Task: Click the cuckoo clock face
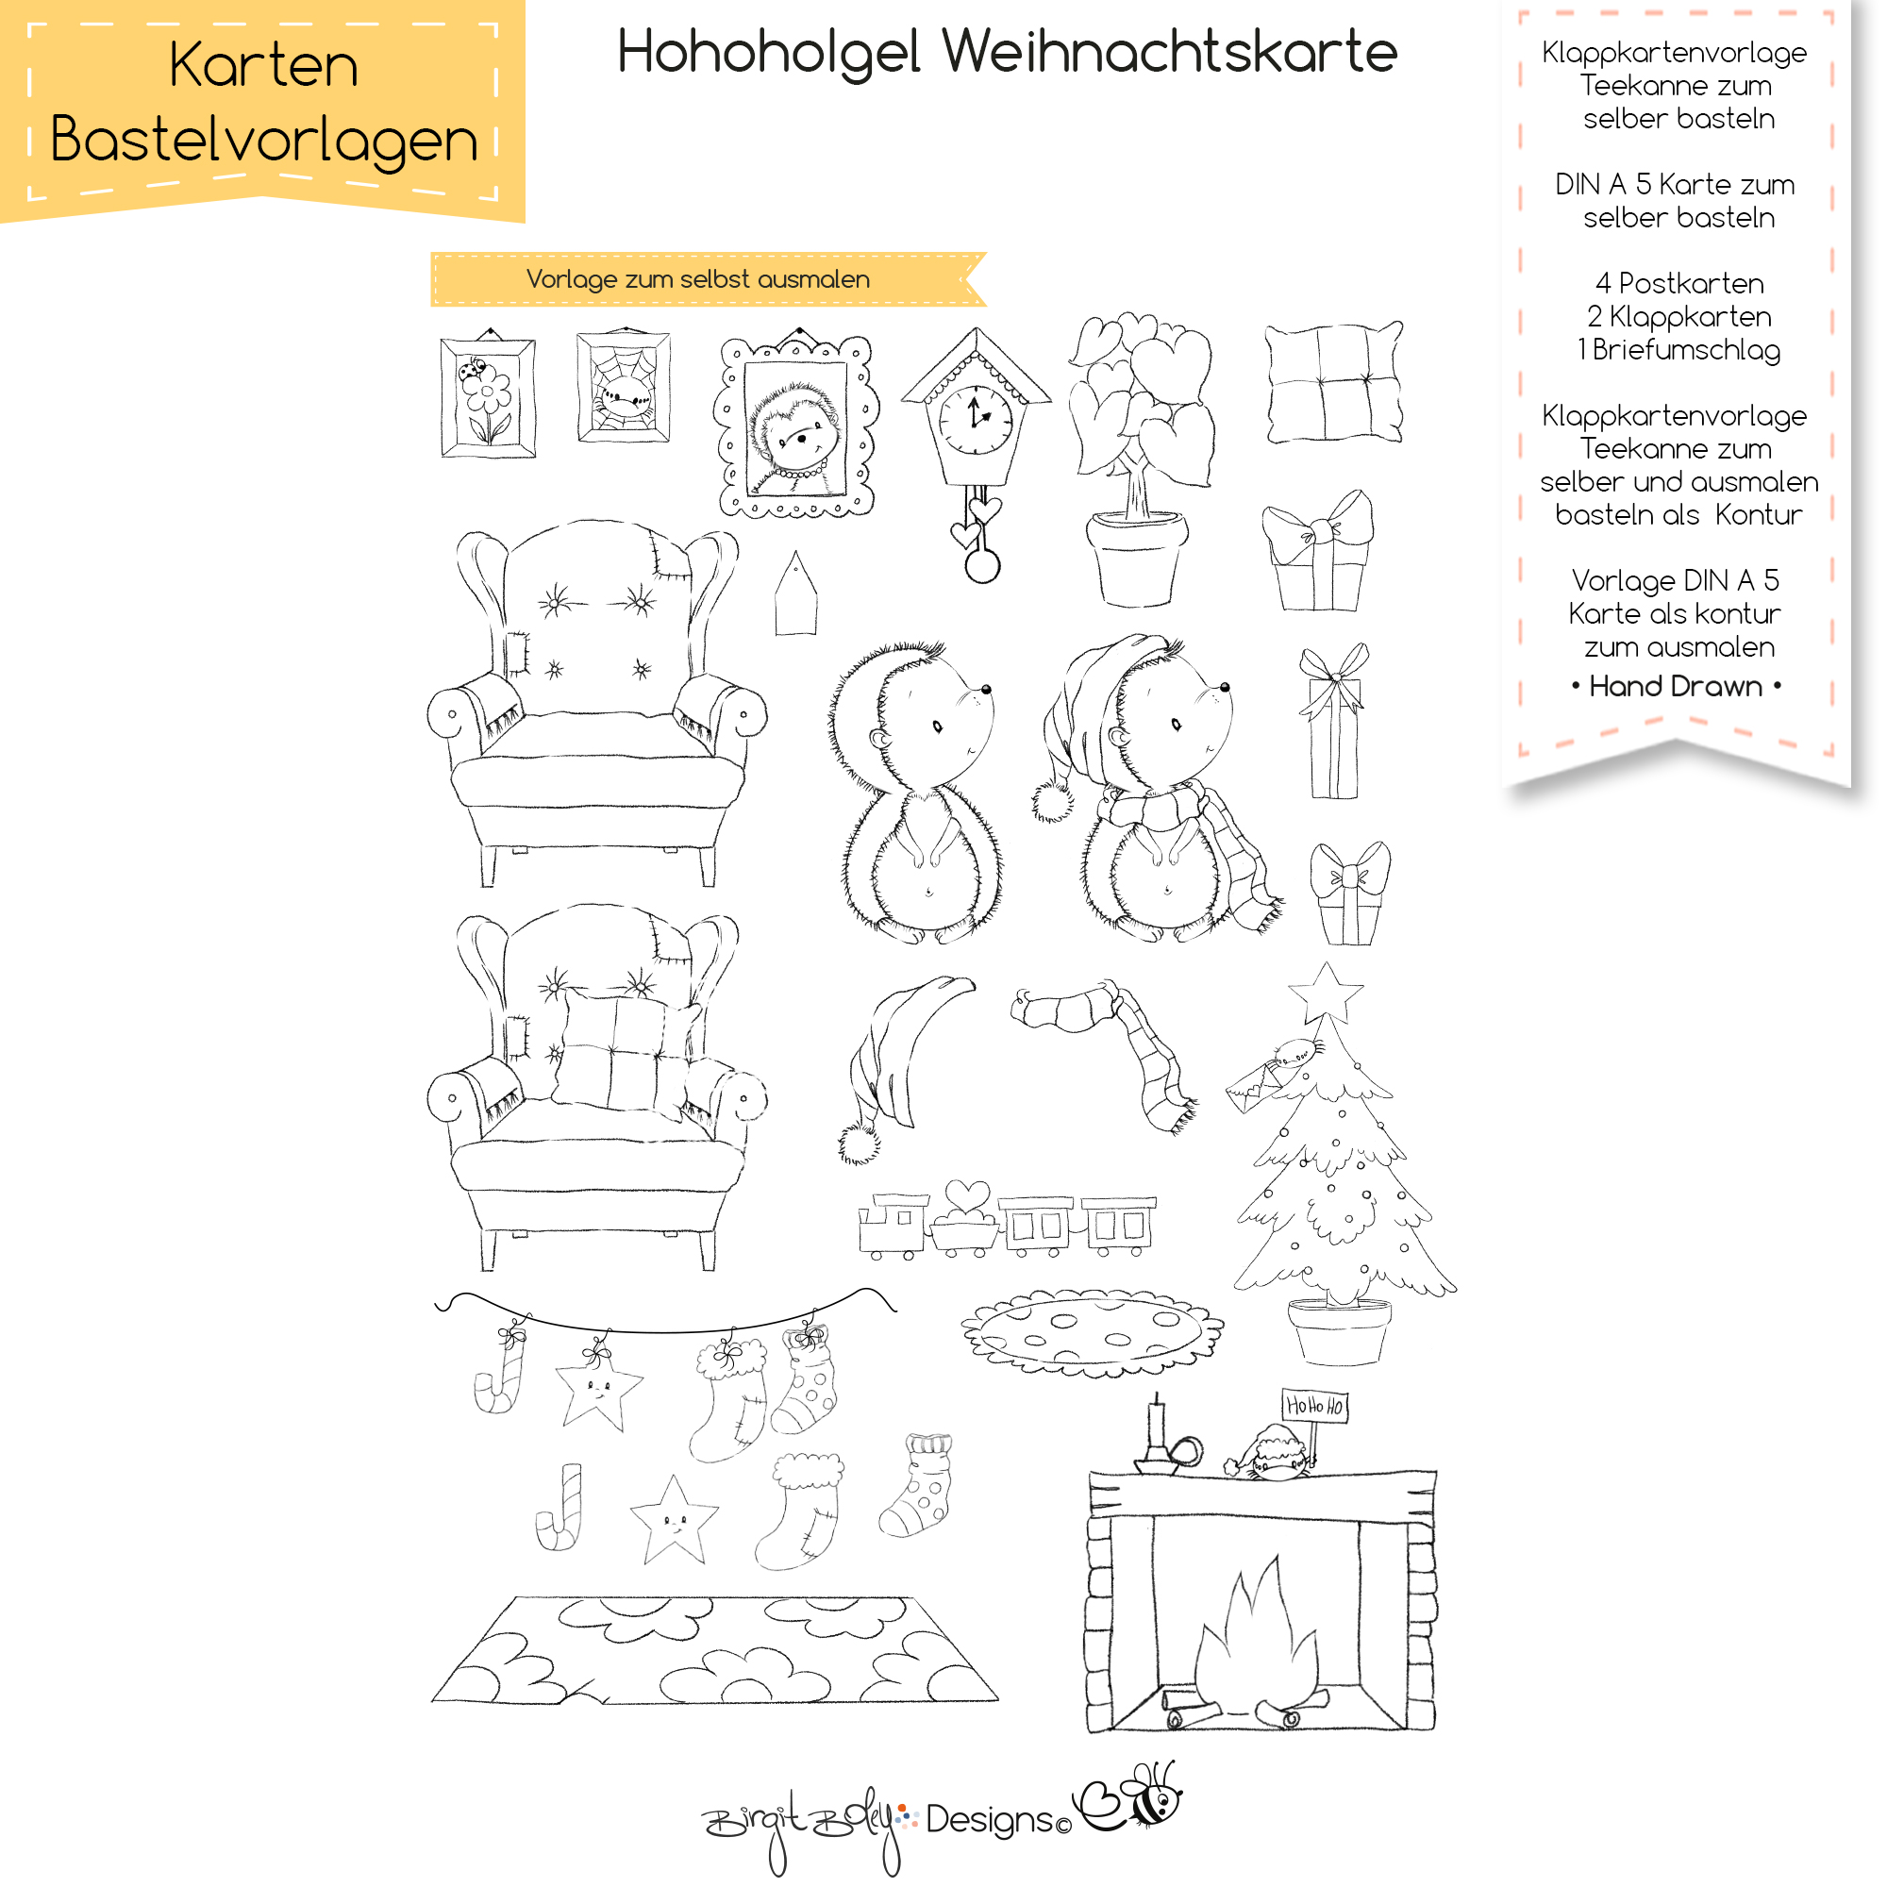coord(976,418)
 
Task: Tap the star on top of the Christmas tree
coord(1326,994)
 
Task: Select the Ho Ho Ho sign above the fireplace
coord(1314,1406)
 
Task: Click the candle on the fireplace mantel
coord(1158,1425)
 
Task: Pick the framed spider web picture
coord(623,387)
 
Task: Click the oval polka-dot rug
coord(1092,1331)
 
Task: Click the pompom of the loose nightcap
coord(860,1144)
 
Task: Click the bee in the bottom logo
coord(1153,1796)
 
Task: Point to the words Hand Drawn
coord(1675,687)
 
